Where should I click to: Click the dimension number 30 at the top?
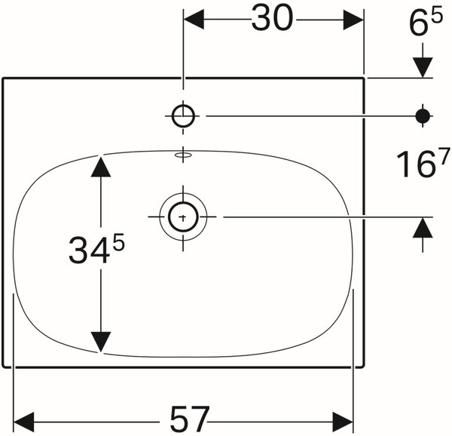[x=272, y=18]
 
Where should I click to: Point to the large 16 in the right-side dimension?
[x=415, y=164]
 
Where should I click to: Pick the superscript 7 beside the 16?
[x=444, y=155]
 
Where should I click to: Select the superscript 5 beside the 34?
[x=118, y=242]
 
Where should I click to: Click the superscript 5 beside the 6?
[x=436, y=16]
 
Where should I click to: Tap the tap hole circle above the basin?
[x=183, y=116]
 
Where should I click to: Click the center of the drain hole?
[x=183, y=216]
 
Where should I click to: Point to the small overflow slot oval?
[x=183, y=155]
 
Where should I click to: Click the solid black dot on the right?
[x=423, y=116]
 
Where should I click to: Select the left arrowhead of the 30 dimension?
[x=194, y=20]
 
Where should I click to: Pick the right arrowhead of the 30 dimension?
[x=353, y=20]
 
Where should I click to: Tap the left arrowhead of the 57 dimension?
[x=24, y=422]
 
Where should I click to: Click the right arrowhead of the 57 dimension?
[x=343, y=422]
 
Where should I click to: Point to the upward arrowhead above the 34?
[x=101, y=166]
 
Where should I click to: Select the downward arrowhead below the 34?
[x=101, y=342]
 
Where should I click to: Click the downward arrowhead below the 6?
[x=423, y=68]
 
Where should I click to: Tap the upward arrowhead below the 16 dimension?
[x=423, y=228]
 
